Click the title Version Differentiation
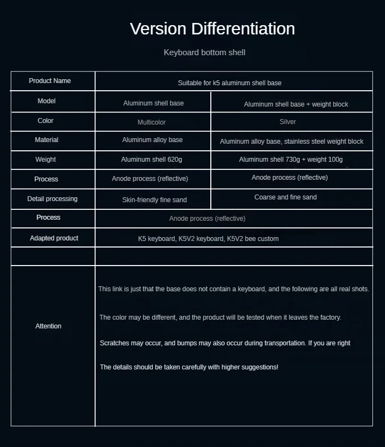[x=212, y=28]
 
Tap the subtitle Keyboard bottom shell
[x=204, y=52]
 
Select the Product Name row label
[x=50, y=81]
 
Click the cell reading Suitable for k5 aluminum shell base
[x=229, y=83]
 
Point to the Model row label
[x=46, y=101]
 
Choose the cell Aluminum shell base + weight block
[x=296, y=104]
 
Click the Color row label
[x=45, y=121]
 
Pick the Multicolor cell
[x=152, y=122]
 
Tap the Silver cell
[x=288, y=122]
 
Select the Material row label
[x=46, y=140]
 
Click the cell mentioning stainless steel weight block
[x=292, y=142]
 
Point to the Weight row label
[x=45, y=160]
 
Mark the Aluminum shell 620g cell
[x=152, y=160]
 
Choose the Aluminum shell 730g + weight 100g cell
[x=291, y=160]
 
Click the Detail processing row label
[x=52, y=199]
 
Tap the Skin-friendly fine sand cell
[x=155, y=200]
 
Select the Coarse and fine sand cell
[x=286, y=197]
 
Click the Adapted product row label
[x=54, y=238]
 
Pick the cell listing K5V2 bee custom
[x=208, y=239]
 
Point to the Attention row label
[x=48, y=326]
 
